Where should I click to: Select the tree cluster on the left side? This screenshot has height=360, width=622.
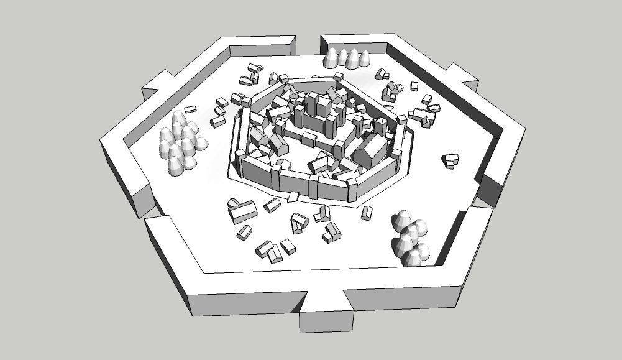pyautogui.click(x=181, y=143)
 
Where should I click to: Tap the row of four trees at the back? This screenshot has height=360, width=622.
pyautogui.click(x=346, y=58)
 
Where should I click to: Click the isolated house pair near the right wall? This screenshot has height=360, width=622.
pyautogui.click(x=450, y=160)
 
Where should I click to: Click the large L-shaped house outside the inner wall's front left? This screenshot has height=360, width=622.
pyautogui.click(x=242, y=211)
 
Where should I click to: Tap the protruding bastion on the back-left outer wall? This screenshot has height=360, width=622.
pyautogui.click(x=158, y=86)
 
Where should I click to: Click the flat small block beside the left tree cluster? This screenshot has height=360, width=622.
pyautogui.click(x=190, y=109)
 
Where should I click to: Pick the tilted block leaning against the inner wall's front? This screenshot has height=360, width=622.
pyautogui.click(x=293, y=197)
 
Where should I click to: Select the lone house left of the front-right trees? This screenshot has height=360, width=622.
pyautogui.click(x=367, y=213)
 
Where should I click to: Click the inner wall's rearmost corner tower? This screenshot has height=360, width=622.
pyautogui.click(x=338, y=78)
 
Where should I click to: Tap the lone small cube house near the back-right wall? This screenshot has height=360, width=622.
pyautogui.click(x=414, y=86)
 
